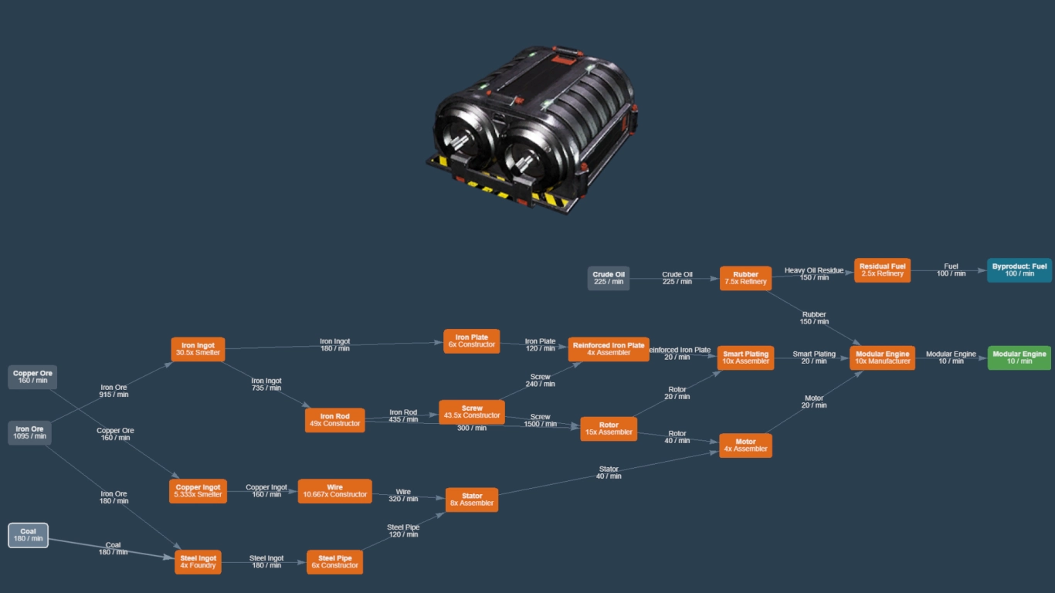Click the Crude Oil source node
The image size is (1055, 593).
point(609,278)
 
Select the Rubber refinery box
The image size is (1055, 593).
point(745,278)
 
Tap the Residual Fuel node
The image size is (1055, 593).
point(882,269)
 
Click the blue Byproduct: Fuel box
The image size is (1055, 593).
point(1019,269)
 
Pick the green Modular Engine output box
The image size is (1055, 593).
point(1019,357)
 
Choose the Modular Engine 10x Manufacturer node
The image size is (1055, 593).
point(882,357)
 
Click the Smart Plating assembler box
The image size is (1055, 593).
point(745,357)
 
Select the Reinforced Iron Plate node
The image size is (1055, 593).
point(609,349)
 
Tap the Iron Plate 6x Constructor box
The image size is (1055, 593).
point(471,341)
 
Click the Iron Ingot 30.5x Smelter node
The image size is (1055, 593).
point(198,349)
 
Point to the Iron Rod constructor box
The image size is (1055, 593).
point(334,419)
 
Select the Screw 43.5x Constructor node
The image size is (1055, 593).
point(471,412)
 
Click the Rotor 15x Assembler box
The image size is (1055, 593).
point(609,429)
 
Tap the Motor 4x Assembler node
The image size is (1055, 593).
point(745,446)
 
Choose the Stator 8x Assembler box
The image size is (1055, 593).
point(471,500)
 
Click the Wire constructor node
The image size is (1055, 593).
point(334,491)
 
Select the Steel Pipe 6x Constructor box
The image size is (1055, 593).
point(334,561)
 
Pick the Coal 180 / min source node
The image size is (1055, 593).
point(29,535)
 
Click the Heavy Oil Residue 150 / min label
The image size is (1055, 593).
point(813,273)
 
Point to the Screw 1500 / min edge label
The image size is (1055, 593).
point(540,420)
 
